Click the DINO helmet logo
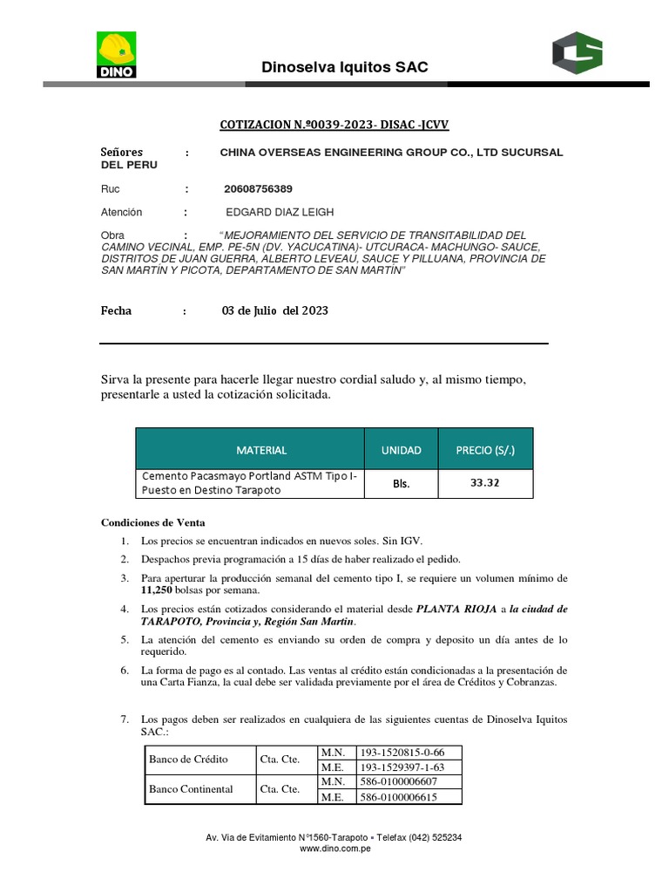[x=115, y=55]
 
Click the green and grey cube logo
[x=577, y=52]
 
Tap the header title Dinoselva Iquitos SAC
[x=345, y=67]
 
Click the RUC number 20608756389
[x=259, y=188]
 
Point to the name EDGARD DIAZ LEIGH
[x=280, y=212]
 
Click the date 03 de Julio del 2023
[x=275, y=310]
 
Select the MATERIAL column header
[x=260, y=450]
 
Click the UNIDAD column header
[x=401, y=450]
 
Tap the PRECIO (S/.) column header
[x=485, y=450]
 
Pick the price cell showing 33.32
[x=485, y=483]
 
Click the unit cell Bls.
[x=401, y=483]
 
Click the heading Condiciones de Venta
[x=152, y=522]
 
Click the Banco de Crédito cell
[x=188, y=759]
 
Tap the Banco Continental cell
[x=191, y=788]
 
